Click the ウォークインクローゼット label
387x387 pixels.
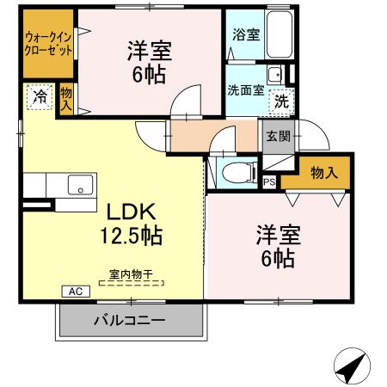click(x=47, y=43)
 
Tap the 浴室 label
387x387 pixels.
click(x=246, y=35)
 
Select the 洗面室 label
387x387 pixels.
click(x=245, y=89)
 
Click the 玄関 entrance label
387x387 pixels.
click(x=277, y=136)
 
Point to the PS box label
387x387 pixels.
click(x=269, y=181)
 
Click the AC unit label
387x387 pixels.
click(x=74, y=292)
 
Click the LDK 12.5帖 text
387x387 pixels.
click(x=134, y=222)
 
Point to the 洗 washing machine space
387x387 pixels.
click(x=281, y=101)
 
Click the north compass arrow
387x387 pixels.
click(x=349, y=367)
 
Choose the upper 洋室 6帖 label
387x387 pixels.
click(x=146, y=62)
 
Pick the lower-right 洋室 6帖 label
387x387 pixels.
click(x=274, y=245)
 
